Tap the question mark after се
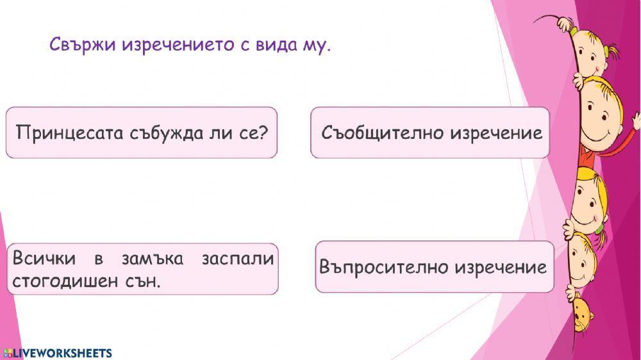(x=262, y=133)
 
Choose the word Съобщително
(x=382, y=133)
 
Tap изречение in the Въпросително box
(x=501, y=266)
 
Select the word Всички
(x=44, y=259)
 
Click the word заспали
(x=237, y=259)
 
